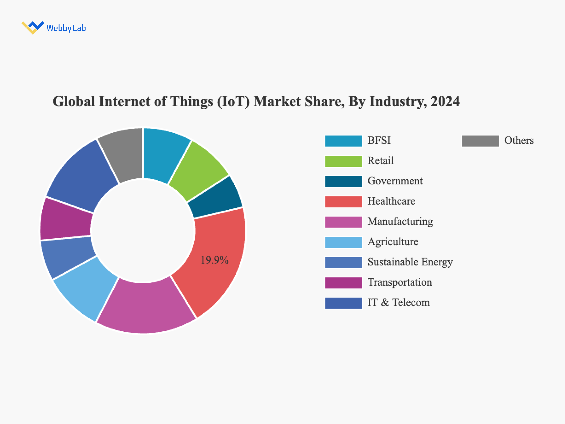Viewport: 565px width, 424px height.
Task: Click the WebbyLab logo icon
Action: pos(32,27)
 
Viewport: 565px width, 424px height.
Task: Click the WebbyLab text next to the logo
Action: pos(66,28)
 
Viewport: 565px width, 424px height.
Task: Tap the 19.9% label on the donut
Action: pos(214,260)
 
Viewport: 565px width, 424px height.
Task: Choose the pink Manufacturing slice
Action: pos(145,307)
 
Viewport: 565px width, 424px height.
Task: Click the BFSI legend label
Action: pos(379,141)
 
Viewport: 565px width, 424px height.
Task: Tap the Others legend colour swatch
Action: pos(480,141)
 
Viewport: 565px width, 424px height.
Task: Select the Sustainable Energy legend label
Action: pos(410,262)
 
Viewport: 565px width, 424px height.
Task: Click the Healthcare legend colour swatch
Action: pos(343,202)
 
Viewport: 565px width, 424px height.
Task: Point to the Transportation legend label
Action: pos(400,282)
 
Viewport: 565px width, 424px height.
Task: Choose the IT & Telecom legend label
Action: pos(399,303)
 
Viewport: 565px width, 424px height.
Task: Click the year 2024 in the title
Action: pos(445,102)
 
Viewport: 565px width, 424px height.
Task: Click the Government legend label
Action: pos(395,181)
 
